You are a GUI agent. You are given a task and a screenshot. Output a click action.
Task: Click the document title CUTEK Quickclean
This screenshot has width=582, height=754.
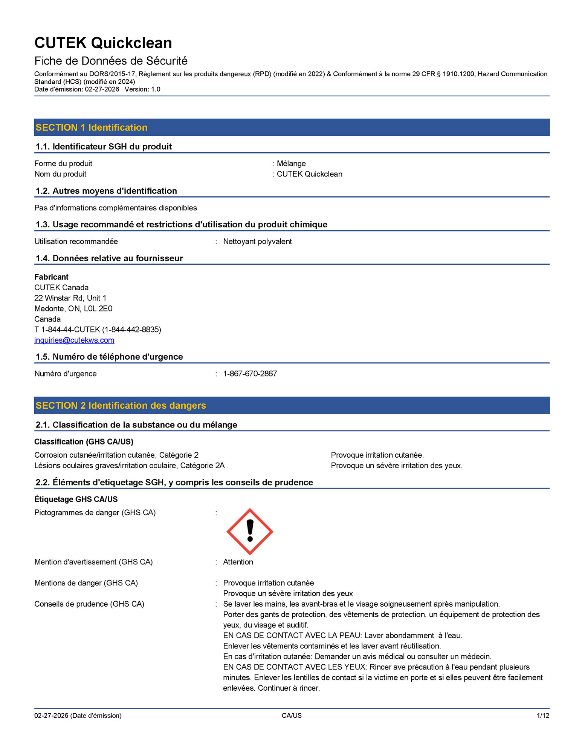click(x=103, y=43)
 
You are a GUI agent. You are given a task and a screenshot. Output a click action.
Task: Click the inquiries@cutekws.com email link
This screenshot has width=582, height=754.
click(x=74, y=340)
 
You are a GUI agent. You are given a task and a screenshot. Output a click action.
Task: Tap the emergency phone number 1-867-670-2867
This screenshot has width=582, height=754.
click(x=250, y=374)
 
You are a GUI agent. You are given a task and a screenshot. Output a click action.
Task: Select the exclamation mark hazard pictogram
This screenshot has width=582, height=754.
click(x=250, y=532)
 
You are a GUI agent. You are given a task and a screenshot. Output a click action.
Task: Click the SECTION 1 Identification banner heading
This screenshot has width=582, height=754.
click(x=92, y=127)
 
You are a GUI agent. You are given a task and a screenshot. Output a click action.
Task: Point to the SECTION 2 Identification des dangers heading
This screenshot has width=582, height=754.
click(x=121, y=406)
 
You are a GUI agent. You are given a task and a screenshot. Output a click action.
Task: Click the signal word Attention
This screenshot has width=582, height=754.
click(x=238, y=562)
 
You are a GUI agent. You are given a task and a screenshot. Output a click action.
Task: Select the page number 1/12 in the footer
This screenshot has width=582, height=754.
click(x=543, y=716)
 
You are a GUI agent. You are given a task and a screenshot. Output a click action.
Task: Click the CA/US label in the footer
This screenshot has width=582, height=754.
click(x=292, y=716)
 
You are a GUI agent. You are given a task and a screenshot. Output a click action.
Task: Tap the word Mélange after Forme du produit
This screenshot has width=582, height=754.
click(x=291, y=164)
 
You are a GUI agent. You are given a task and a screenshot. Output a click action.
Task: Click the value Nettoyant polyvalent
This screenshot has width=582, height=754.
click(x=257, y=241)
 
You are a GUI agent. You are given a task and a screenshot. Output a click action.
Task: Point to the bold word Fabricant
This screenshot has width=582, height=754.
click(x=52, y=277)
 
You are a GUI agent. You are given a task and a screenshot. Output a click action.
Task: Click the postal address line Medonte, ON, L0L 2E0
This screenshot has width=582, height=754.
click(x=73, y=308)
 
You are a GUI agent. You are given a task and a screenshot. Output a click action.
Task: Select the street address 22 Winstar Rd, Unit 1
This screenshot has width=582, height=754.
click(x=70, y=298)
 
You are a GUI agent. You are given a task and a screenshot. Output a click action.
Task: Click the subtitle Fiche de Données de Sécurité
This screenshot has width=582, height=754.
click(x=111, y=61)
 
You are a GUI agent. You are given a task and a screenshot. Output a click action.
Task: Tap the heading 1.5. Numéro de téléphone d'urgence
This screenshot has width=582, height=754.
click(x=109, y=357)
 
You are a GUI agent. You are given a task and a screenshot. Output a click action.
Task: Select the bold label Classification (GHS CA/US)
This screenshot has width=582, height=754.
click(x=84, y=441)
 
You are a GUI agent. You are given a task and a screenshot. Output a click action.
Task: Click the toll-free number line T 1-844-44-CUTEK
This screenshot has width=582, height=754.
click(x=98, y=329)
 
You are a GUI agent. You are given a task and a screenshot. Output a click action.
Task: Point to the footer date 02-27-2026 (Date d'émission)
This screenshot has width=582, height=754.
click(x=78, y=716)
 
